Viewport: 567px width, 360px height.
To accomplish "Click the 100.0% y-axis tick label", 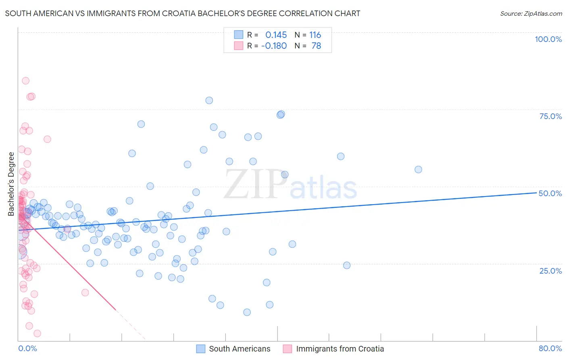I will [x=548, y=39].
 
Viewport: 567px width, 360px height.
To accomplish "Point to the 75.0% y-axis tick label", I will [x=550, y=116].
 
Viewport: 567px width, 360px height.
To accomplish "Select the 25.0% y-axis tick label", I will [x=550, y=270].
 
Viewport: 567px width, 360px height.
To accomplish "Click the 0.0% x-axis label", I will [x=27, y=348].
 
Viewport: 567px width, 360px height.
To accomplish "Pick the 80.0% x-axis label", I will [x=550, y=348].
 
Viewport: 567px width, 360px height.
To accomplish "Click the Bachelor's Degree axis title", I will [x=11, y=184].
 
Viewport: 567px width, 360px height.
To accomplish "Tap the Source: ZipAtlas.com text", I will [x=531, y=13].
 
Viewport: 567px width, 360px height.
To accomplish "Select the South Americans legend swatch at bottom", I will [x=201, y=349].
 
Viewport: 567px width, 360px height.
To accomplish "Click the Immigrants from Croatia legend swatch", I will [x=288, y=349].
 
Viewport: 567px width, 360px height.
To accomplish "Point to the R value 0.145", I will [x=276, y=35].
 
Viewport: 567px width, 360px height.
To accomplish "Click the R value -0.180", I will [x=274, y=46].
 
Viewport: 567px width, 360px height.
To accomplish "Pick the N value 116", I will [x=315, y=35].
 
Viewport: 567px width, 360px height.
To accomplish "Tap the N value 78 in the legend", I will [x=316, y=46].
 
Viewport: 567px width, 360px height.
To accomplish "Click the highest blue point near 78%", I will [x=209, y=100].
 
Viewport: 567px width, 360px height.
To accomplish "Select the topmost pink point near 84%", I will [x=25, y=81].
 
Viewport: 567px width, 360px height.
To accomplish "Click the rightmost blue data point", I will [x=418, y=170].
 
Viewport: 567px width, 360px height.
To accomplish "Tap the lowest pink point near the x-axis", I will [x=37, y=333].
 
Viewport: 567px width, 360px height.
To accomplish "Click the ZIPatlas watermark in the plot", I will [x=290, y=185].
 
